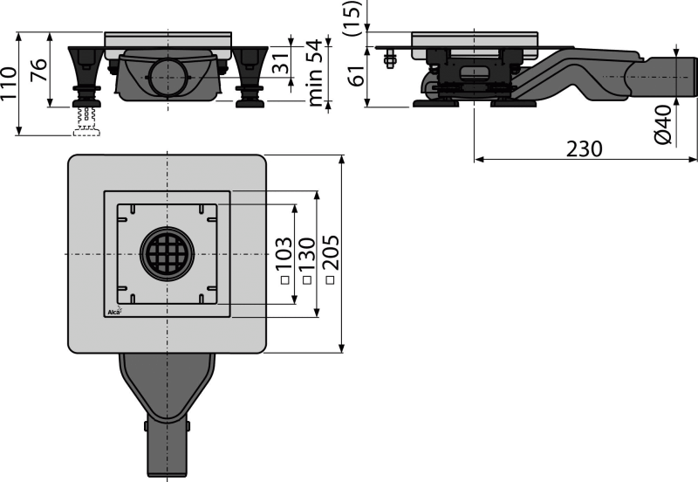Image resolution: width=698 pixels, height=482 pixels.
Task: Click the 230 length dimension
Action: [583, 148]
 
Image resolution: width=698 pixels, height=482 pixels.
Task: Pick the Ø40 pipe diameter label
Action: [665, 124]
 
